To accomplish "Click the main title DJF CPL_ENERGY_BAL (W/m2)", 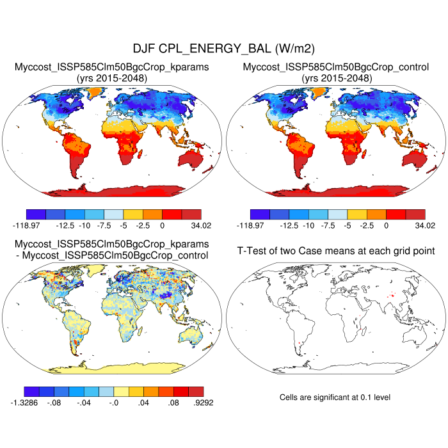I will coord(223,49).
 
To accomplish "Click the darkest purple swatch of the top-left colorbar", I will coord(36,214).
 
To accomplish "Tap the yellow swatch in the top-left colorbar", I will coord(133,214).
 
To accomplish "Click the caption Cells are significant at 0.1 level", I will coord(335,397).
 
